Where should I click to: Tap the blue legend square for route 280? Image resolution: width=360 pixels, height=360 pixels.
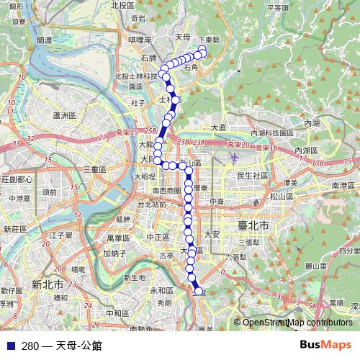(9, 346)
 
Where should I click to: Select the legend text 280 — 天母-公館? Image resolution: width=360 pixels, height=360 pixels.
(62, 346)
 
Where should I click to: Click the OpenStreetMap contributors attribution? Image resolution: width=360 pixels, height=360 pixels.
(297, 323)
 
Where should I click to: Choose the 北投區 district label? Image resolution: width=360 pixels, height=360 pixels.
(123, 6)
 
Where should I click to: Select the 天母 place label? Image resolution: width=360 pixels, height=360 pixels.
(183, 36)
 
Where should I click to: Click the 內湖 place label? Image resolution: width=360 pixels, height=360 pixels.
(312, 124)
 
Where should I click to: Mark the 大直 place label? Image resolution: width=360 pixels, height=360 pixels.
(219, 127)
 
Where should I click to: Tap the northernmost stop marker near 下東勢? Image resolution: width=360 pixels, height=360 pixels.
(202, 50)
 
